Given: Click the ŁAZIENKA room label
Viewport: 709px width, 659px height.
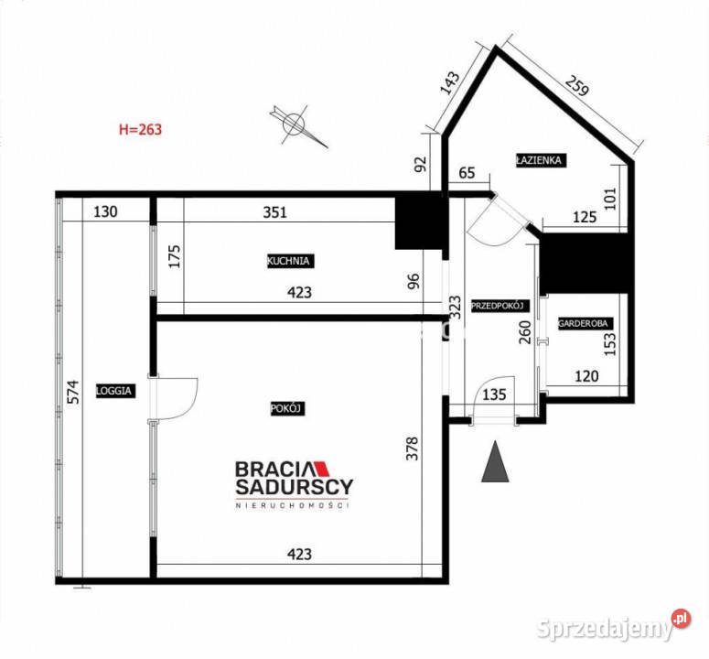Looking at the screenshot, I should [x=540, y=160].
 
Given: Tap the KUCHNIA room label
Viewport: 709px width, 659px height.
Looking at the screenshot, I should [x=290, y=261].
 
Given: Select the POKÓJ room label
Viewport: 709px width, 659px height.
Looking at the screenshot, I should [x=286, y=409].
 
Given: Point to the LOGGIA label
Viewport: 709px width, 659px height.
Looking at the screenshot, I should [x=117, y=390].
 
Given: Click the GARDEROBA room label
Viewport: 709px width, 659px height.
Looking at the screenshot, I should [x=584, y=323].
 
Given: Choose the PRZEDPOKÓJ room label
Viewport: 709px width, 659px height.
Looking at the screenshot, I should [x=495, y=306].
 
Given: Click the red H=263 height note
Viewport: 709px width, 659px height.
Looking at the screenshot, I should [x=140, y=129].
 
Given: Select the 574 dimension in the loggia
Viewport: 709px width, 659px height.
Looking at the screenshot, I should [x=76, y=392].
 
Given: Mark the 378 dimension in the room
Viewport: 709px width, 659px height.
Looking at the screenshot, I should [x=414, y=449].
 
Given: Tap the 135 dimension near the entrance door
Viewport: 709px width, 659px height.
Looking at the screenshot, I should [x=493, y=396].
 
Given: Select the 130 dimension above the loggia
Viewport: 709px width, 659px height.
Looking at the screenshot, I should [x=106, y=212].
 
